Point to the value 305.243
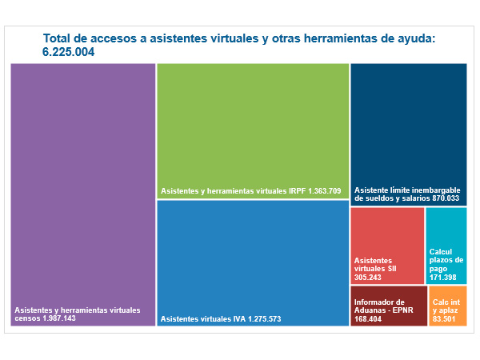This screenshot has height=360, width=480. [x=370, y=277]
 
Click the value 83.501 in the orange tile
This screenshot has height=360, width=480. [x=444, y=319]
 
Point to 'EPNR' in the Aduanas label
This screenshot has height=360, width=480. [x=402, y=310]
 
